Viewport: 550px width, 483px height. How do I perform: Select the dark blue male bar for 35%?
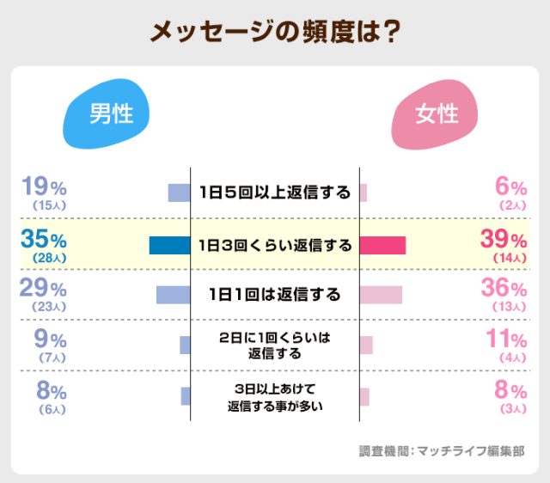pyautogui.click(x=169, y=245)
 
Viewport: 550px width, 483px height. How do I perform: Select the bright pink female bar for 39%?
pyautogui.click(x=382, y=245)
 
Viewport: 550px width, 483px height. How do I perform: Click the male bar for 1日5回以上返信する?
pyautogui.click(x=179, y=193)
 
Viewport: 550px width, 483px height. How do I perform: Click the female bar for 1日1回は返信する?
pyautogui.click(x=381, y=295)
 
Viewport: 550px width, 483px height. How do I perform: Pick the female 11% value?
pyautogui.click(x=506, y=339)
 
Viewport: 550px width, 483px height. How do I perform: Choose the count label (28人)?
pyautogui.click(x=48, y=258)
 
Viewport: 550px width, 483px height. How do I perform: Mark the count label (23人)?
pyautogui.click(x=48, y=308)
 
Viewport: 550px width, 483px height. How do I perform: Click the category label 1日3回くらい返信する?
pyautogui.click(x=274, y=246)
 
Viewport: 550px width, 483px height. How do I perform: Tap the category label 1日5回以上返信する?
pyautogui.click(x=274, y=193)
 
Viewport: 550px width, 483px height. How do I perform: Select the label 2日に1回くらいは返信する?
pyautogui.click(x=274, y=345)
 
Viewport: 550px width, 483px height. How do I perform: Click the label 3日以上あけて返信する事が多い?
pyautogui.click(x=274, y=396)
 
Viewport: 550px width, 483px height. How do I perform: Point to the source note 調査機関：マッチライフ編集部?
pyautogui.click(x=441, y=450)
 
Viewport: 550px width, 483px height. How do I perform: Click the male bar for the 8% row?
pyautogui.click(x=185, y=396)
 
